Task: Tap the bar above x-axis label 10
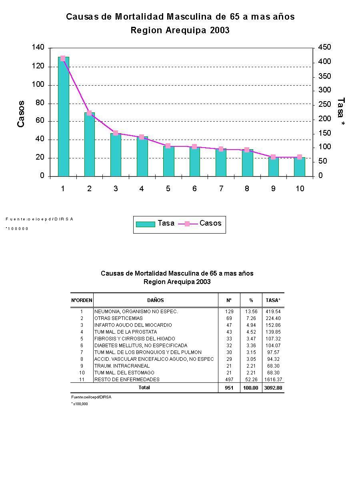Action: click(x=300, y=167)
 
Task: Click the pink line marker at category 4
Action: click(x=142, y=137)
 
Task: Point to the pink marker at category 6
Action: click(x=194, y=147)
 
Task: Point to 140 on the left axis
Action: click(x=38, y=48)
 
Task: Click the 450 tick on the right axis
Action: click(x=324, y=48)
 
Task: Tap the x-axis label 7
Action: click(x=221, y=188)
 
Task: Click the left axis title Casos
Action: click(x=21, y=114)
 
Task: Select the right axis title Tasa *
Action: click(x=341, y=112)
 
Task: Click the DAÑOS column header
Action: click(x=156, y=300)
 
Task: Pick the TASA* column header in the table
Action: click(x=273, y=300)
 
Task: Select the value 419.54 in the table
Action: click(x=273, y=312)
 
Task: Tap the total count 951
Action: click(x=229, y=388)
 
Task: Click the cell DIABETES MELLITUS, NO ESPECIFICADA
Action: click(x=141, y=346)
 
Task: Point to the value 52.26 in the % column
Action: click(x=251, y=380)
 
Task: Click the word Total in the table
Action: click(x=144, y=388)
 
